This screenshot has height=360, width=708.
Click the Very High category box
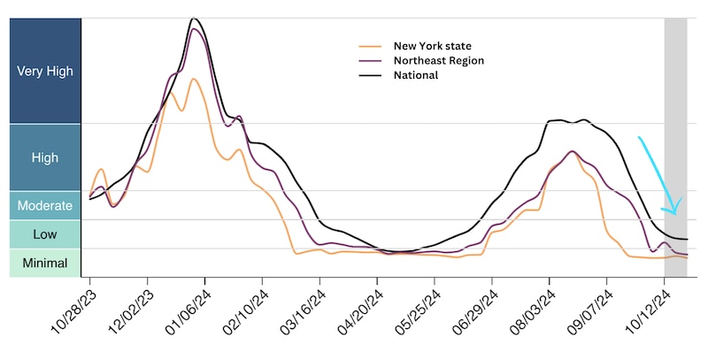(x=44, y=71)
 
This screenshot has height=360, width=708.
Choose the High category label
(x=44, y=157)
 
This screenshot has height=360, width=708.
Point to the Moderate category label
(x=44, y=205)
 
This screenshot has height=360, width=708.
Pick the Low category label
(x=44, y=234)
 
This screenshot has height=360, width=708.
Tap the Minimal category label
(x=44, y=263)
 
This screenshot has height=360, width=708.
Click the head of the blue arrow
(x=675, y=212)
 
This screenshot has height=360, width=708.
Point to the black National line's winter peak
(x=194, y=19)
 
